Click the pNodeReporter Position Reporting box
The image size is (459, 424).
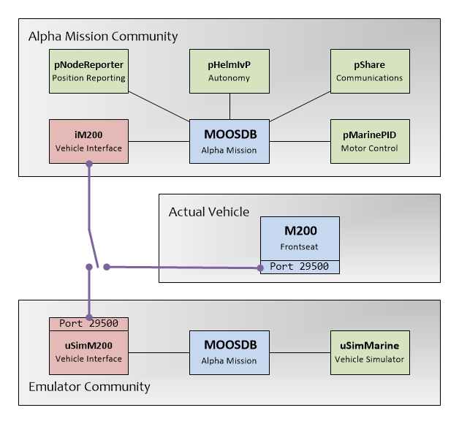point(88,72)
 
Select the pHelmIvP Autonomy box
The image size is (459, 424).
point(230,72)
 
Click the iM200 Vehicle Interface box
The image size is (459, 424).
point(88,142)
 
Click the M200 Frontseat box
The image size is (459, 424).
point(300,238)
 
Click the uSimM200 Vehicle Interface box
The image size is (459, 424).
point(88,353)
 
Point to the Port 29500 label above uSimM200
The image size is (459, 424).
point(88,323)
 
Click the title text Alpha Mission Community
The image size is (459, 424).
point(102,36)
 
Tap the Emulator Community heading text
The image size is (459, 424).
point(88,386)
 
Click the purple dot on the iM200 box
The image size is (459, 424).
point(89,164)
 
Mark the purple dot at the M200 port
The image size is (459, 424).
point(261,268)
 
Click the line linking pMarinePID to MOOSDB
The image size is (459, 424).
point(301,141)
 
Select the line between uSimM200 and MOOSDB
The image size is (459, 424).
point(159,353)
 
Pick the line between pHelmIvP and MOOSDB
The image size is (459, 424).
point(230,107)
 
